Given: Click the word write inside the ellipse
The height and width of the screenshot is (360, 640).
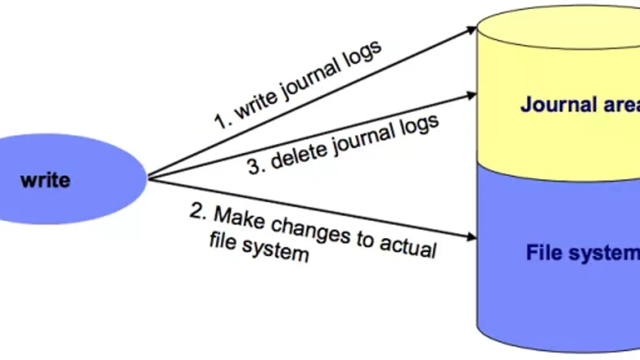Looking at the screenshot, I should (45, 180).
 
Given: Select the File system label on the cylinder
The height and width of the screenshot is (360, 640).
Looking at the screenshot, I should (582, 253).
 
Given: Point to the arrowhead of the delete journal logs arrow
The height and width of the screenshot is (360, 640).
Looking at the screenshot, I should (472, 96).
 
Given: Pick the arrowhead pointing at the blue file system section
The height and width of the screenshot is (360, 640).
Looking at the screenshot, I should (472, 237).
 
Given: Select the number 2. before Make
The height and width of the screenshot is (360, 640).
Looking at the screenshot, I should (198, 211).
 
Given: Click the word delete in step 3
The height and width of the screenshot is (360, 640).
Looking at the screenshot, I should (298, 155).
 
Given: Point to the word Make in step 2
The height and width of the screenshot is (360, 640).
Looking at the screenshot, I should (239, 218).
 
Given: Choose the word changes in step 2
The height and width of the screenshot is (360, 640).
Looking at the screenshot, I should (310, 230).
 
